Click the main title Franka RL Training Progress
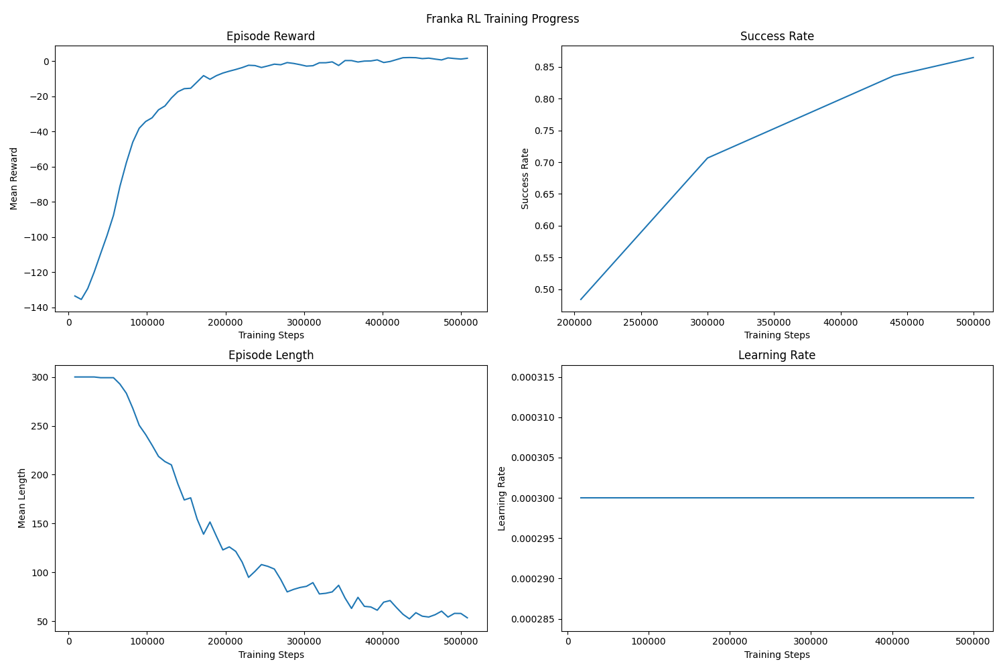(x=503, y=19)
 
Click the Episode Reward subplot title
(x=271, y=36)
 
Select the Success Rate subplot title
(x=777, y=36)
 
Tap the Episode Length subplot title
(x=271, y=355)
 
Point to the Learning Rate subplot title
(x=777, y=355)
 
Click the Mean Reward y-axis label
(x=14, y=178)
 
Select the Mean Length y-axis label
(x=22, y=498)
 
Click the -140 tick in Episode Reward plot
(x=37, y=308)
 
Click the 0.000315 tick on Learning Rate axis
(x=531, y=377)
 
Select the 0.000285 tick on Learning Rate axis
(x=531, y=619)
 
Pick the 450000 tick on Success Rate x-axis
(x=907, y=322)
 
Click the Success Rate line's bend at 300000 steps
(x=708, y=158)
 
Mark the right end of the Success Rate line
(x=974, y=58)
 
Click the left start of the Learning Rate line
(x=581, y=498)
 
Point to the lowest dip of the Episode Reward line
(x=81, y=299)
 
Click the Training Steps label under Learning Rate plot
(x=777, y=655)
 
